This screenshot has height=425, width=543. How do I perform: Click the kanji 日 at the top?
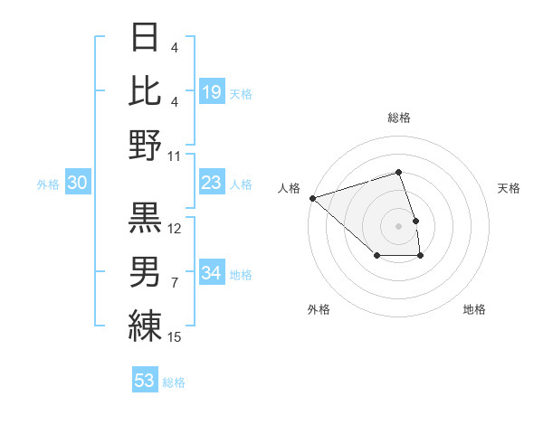[146, 37]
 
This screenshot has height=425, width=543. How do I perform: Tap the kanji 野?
[146, 145]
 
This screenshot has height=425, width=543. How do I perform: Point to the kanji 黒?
[146, 217]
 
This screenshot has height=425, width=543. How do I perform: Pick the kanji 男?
[146, 271]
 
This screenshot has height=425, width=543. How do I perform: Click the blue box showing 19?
[212, 91]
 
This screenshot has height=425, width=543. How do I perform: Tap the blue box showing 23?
[212, 184]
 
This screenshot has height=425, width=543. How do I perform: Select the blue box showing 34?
[212, 274]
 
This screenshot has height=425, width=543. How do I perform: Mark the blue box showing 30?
[78, 184]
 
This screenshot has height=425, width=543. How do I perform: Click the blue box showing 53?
[145, 381]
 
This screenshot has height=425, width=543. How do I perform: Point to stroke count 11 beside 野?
[175, 156]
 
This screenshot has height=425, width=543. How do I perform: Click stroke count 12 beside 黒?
[176, 228]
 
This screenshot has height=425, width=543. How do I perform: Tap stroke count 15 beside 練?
[176, 337]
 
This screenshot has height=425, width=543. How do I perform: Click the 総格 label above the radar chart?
[398, 118]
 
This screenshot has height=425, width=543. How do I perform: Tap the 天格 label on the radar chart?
[509, 188]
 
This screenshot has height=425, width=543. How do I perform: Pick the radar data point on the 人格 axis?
[312, 197]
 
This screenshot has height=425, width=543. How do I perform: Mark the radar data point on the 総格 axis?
[398, 172]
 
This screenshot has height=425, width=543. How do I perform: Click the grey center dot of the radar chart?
[398, 225]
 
